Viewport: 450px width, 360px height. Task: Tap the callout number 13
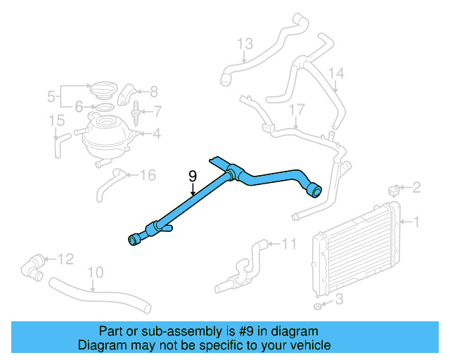(244, 44)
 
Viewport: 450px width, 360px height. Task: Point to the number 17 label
(297, 109)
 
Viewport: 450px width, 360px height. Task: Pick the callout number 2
(416, 187)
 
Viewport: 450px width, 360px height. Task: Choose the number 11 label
(290, 244)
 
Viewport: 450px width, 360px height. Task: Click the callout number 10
(96, 271)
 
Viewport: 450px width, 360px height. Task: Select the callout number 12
(65, 259)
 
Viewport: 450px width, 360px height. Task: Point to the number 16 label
(147, 175)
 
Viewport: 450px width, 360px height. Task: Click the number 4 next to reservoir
(156, 131)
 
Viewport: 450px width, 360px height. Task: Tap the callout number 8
(154, 91)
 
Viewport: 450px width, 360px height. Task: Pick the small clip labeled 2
(395, 190)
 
